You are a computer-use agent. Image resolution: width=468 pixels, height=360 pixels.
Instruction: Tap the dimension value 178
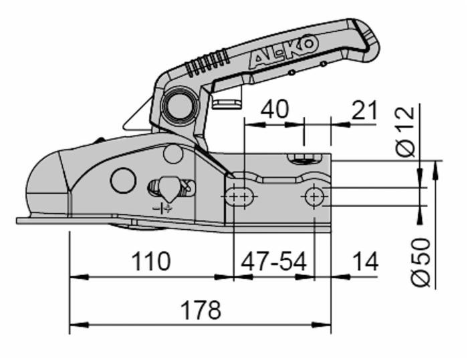coord(201,310)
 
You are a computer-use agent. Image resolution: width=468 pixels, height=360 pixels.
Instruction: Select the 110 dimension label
coord(150,261)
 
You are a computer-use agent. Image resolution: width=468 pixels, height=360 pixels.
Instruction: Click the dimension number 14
coord(364,261)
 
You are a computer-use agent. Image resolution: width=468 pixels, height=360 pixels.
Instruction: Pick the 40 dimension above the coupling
coord(274,109)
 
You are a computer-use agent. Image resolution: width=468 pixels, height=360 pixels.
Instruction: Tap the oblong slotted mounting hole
coord(239,196)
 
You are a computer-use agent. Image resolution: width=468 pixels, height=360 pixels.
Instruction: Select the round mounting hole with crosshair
coord(314,196)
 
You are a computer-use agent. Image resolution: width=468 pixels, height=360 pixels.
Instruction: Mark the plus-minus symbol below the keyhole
coord(162,208)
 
